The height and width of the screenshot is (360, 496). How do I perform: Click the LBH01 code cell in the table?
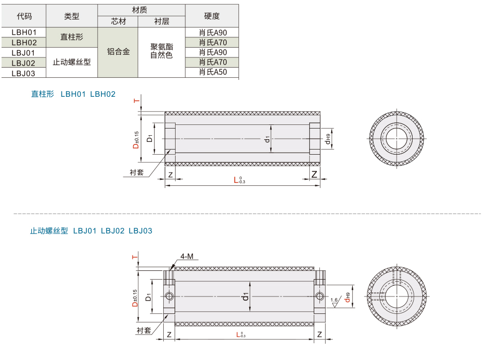pyautogui.click(x=24, y=32)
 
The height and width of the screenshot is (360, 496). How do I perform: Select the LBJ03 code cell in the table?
pyautogui.click(x=24, y=73)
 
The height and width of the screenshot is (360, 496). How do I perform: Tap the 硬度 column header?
pyautogui.click(x=212, y=16)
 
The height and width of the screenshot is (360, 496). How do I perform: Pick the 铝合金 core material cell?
pyautogui.click(x=118, y=52)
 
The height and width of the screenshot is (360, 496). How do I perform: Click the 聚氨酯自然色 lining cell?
pyautogui.click(x=161, y=51)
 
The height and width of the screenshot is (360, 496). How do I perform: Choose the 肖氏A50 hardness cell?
pyautogui.click(x=212, y=72)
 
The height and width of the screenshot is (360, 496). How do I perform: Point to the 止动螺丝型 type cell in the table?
pyautogui.click(x=72, y=62)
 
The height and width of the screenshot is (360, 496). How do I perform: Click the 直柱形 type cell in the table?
pyautogui.click(x=72, y=37)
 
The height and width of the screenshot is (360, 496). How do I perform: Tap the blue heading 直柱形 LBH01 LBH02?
pyautogui.click(x=73, y=94)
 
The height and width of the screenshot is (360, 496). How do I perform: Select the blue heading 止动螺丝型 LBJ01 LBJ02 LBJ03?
pyautogui.click(x=91, y=230)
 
